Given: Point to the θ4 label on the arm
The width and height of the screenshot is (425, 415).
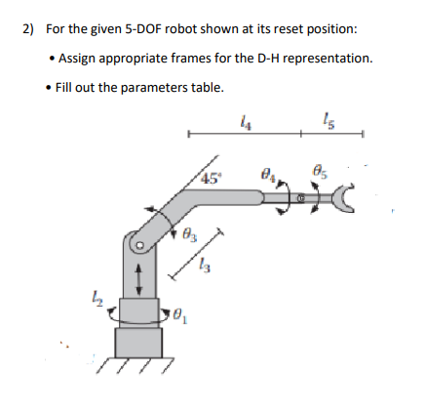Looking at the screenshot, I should (270, 175).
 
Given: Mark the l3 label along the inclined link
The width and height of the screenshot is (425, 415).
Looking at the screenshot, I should (204, 266).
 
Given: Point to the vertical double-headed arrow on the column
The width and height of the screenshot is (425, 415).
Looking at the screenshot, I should (140, 273).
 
